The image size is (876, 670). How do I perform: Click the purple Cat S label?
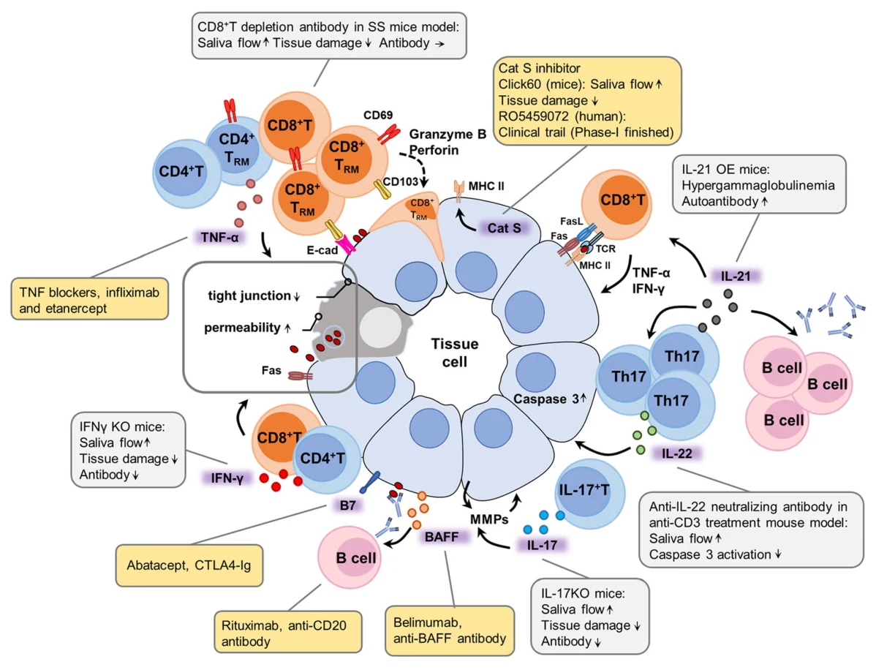[504, 228]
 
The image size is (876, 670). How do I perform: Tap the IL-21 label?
[735, 276]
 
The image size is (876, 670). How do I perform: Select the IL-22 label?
[676, 453]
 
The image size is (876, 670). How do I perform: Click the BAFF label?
[442, 537]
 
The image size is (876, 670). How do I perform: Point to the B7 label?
[347, 505]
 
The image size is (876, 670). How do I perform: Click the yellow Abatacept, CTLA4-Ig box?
[189, 565]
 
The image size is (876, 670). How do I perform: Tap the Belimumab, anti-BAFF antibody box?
[449, 631]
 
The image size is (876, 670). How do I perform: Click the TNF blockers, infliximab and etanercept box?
[89, 299]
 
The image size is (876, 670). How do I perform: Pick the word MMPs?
[489, 519]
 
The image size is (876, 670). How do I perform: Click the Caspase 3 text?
[545, 399]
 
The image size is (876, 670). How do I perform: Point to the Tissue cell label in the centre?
[454, 353]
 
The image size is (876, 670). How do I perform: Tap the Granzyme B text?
[448, 134]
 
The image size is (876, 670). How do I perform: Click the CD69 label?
[377, 115]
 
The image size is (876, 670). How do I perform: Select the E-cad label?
[322, 250]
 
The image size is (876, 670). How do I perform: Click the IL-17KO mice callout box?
[590, 617]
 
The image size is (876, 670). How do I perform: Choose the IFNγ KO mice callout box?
[128, 450]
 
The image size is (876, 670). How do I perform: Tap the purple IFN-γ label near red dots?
[227, 478]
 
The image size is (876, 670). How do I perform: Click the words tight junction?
[249, 296]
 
